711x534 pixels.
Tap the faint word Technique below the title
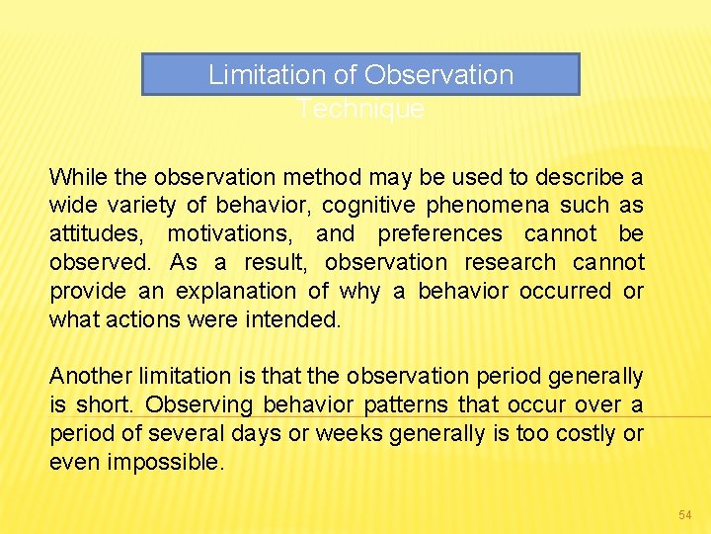tap(360, 109)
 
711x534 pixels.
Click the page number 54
tap(685, 515)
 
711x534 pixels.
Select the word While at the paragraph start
tap(78, 177)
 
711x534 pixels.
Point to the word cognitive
tap(372, 206)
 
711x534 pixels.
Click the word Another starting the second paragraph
tap(90, 377)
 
